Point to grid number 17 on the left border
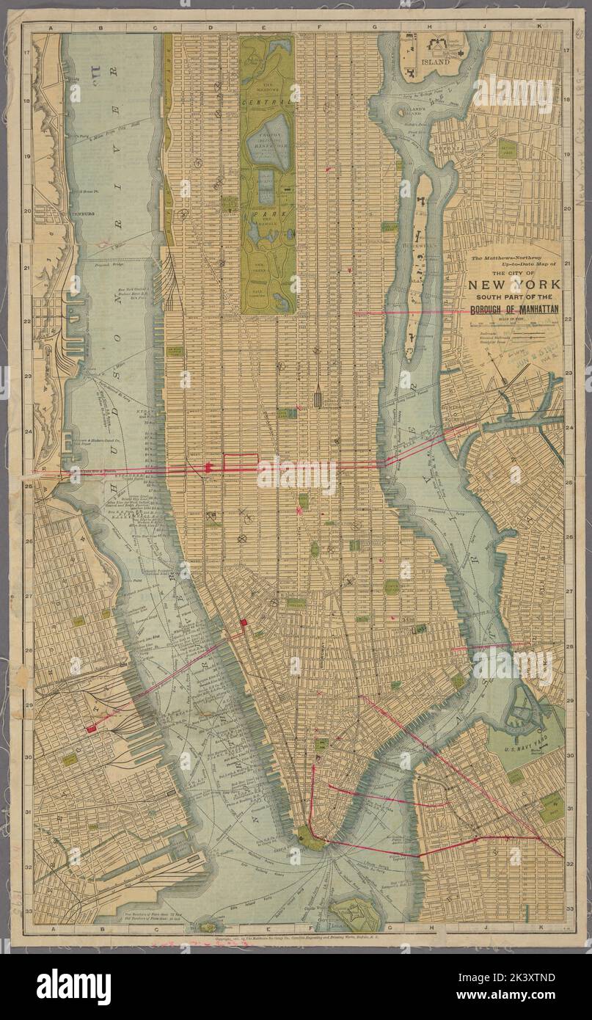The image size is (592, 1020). click(26, 52)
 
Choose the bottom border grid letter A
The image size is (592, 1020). click(50, 929)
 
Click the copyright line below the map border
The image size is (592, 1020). click(293, 941)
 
